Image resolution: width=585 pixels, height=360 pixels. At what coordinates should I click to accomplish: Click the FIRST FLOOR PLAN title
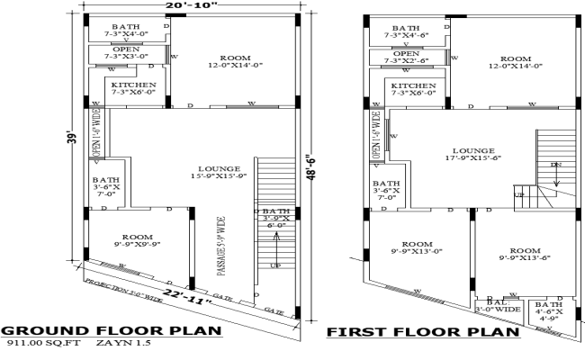422,332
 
